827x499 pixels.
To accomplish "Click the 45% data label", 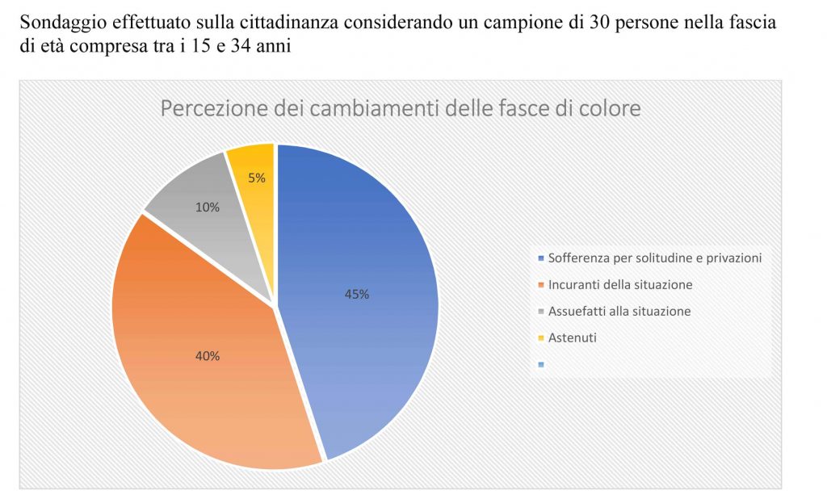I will [x=356, y=295].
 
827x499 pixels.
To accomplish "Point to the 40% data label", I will [x=207, y=355].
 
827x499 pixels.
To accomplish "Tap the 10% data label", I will [x=207, y=207].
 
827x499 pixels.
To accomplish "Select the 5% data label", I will [x=257, y=178].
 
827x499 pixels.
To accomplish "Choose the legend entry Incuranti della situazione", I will [x=619, y=285].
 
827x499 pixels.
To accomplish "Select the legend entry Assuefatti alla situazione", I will [x=619, y=311].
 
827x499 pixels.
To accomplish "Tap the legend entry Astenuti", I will [x=572, y=338].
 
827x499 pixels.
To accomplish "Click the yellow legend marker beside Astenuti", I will [x=540, y=338].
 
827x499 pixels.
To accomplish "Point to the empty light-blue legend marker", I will [x=540, y=364].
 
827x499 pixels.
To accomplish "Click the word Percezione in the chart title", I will [x=211, y=109].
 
